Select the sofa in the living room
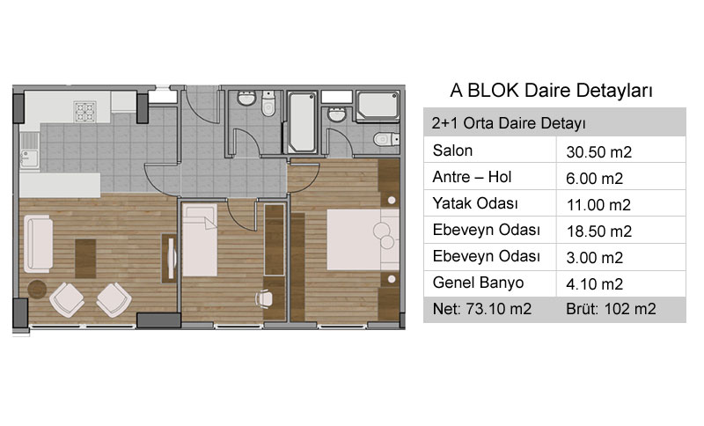pyautogui.click(x=38, y=244)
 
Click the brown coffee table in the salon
pyautogui.click(x=85, y=259)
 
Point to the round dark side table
pyautogui.click(x=37, y=290)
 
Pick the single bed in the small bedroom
pyautogui.click(x=200, y=240)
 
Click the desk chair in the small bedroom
pyautogui.click(x=264, y=298)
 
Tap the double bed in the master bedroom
pyautogui.click(x=363, y=239)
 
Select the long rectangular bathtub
pyautogui.click(x=302, y=122)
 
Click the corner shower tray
pyautogui.click(x=378, y=106)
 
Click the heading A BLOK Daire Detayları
pyautogui.click(x=552, y=91)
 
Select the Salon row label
pyautogui.click(x=452, y=151)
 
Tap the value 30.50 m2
pyautogui.click(x=599, y=152)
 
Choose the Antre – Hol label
pyautogui.click(x=472, y=177)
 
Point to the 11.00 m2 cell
pyautogui.click(x=598, y=205)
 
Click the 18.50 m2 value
pyautogui.click(x=599, y=231)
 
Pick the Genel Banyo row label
pyautogui.click(x=478, y=283)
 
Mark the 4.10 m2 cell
pyautogui.click(x=595, y=284)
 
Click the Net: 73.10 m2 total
pyautogui.click(x=481, y=309)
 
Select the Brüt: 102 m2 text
pyautogui.click(x=611, y=309)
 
